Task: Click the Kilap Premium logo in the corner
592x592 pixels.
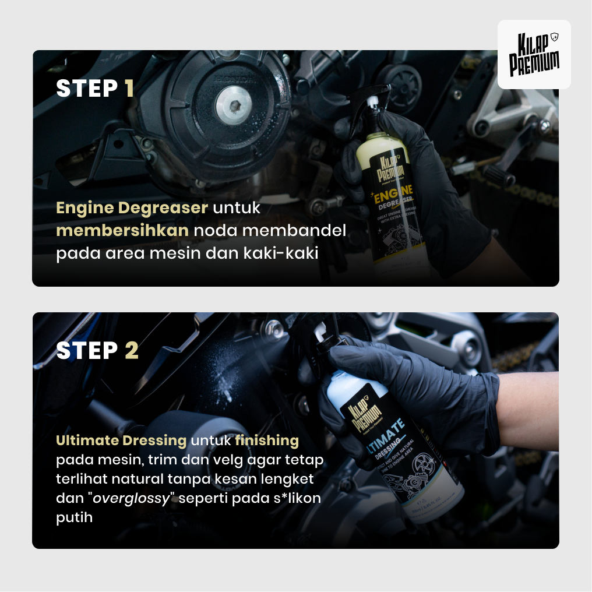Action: click(x=534, y=54)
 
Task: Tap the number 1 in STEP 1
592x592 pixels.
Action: click(x=129, y=89)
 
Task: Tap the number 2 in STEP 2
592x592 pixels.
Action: click(x=131, y=351)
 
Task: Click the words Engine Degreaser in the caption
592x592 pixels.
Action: click(x=132, y=208)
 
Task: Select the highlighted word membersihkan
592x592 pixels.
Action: click(x=122, y=231)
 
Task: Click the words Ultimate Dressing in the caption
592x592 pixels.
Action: click(x=121, y=441)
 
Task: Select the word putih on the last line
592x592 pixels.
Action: click(x=75, y=517)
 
